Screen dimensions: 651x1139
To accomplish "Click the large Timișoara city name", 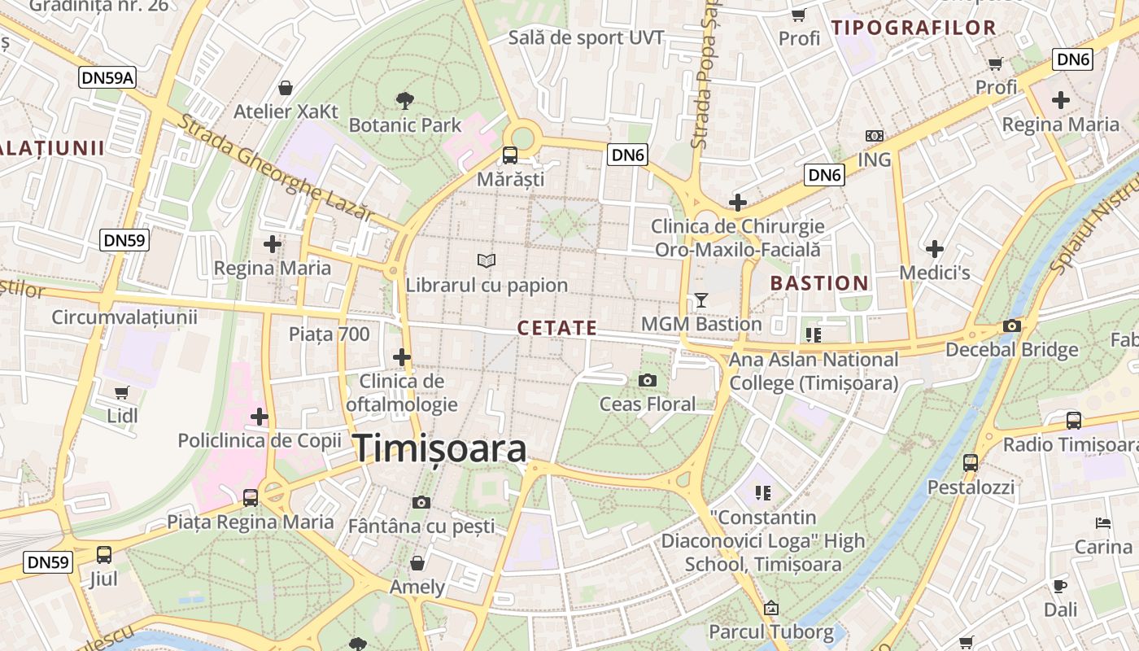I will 440,449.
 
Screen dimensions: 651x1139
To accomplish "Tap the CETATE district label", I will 557,328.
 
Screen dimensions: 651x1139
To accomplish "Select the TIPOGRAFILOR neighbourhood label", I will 914,28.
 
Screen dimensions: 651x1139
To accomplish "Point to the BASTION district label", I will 819,283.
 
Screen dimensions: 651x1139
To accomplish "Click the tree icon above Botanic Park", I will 404,101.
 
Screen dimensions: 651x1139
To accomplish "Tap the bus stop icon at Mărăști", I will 510,155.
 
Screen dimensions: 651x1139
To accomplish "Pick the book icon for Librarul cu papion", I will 487,260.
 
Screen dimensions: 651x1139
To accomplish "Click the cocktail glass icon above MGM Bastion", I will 701,300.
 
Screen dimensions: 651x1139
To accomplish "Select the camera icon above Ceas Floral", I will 648,380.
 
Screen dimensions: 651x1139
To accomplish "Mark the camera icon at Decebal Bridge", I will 1012,325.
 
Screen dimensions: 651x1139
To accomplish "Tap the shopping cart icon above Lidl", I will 122,392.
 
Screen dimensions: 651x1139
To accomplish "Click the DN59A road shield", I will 107,78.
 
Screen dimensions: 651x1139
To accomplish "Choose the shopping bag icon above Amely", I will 417,563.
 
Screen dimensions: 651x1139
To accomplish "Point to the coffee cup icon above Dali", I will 1060,586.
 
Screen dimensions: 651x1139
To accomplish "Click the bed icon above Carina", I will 1103,522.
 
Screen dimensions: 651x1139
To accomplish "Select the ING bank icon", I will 875,136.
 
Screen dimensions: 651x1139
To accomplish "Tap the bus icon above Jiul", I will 104,555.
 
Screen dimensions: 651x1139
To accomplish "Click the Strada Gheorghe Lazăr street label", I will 277,168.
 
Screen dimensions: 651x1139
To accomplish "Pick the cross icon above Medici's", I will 935,249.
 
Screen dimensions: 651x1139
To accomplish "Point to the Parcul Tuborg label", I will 771,631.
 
